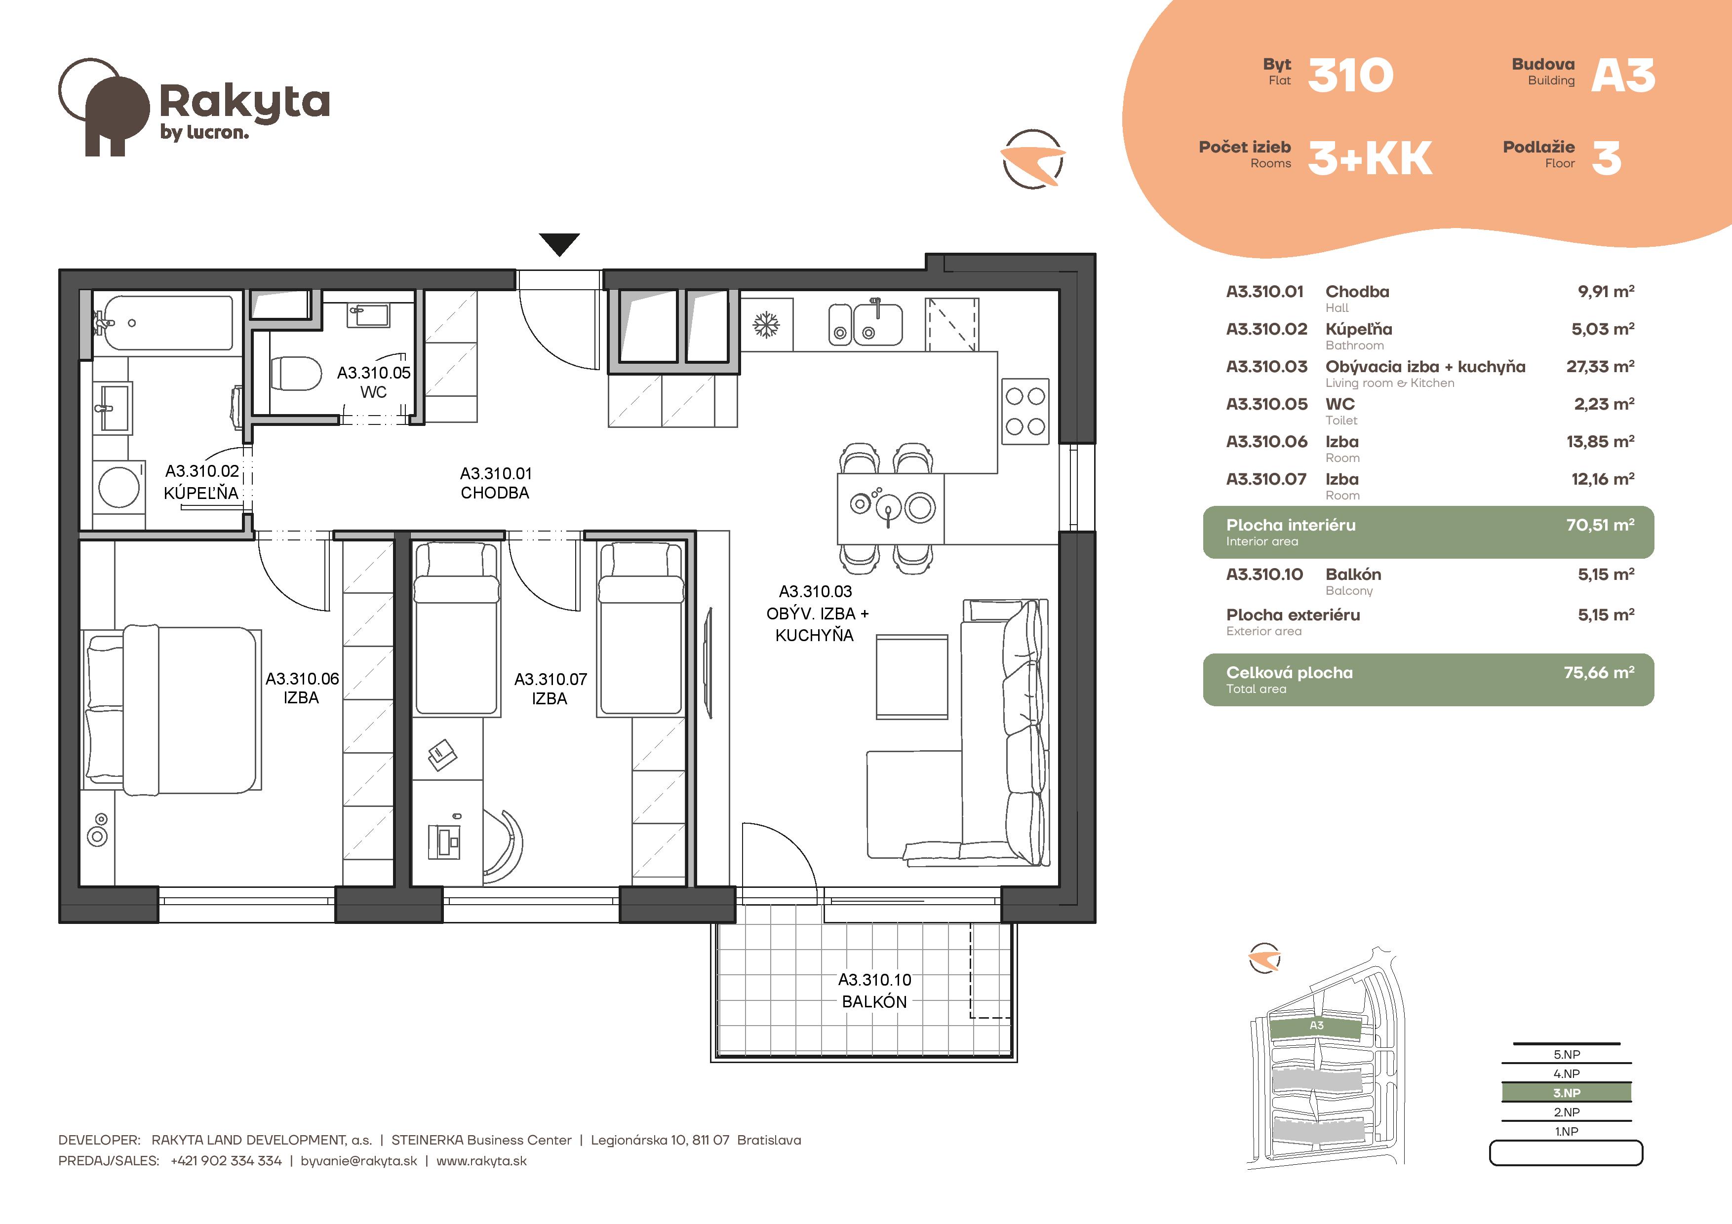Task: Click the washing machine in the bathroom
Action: click(118, 487)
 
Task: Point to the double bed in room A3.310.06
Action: click(172, 708)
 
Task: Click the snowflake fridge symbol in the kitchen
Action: click(766, 325)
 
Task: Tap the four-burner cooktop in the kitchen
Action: click(1025, 411)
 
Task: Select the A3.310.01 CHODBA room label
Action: click(496, 483)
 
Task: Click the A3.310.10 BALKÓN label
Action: click(875, 990)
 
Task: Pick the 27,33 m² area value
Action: click(1600, 367)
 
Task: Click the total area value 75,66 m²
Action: click(1599, 672)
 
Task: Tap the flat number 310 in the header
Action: click(1350, 76)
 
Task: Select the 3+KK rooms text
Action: click(1370, 158)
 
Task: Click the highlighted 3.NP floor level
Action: click(1566, 1093)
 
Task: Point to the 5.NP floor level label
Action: click(1566, 1054)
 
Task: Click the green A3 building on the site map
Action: click(1316, 1026)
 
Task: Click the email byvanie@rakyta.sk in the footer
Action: click(358, 1161)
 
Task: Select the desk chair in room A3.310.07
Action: click(503, 844)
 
